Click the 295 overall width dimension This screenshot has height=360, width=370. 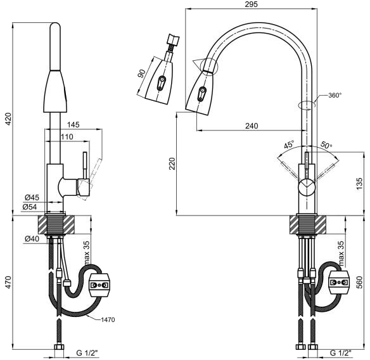click(x=252, y=4)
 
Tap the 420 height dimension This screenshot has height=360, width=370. click(x=9, y=119)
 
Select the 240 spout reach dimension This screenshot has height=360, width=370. click(x=252, y=126)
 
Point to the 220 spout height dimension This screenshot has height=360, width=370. click(x=172, y=164)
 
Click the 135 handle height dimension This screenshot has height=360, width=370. click(x=359, y=183)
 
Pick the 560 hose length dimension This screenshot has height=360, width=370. click(x=359, y=282)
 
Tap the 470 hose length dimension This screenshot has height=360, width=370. click(x=9, y=282)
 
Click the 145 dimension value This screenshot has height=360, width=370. click(x=73, y=125)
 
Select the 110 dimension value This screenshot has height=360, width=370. click(x=67, y=137)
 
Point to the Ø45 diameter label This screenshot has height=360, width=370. click(x=32, y=197)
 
